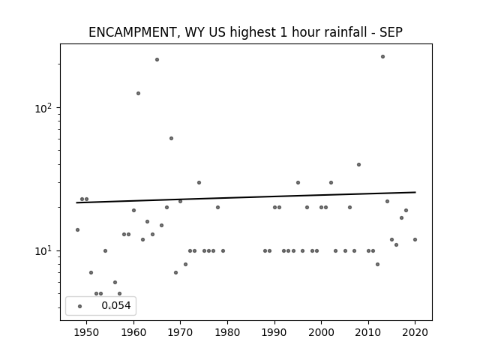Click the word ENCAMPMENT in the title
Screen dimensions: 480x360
132,32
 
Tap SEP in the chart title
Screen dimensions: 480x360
391,32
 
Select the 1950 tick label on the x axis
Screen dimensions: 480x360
87,332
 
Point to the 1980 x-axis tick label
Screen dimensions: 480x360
227,332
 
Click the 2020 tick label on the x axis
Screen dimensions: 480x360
415,332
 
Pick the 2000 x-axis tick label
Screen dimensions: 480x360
321,332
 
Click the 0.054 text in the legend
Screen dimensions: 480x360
116,305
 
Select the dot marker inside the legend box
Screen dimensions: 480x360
80,306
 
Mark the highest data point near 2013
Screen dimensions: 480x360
382,57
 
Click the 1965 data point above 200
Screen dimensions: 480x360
157,60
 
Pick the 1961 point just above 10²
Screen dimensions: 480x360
138,93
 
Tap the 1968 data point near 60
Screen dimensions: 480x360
172,138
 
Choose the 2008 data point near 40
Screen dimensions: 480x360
358,165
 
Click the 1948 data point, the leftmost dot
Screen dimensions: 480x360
77,230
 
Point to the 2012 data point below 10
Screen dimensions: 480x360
377,265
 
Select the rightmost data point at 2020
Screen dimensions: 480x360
415,240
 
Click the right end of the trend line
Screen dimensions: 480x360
415,192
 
